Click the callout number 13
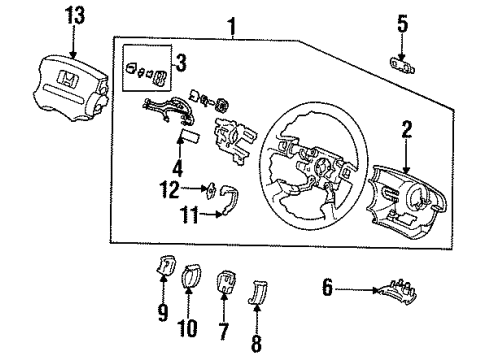(75, 16)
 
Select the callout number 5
(402, 24)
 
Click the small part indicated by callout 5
(403, 65)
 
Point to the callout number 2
(407, 130)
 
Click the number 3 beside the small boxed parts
(181, 63)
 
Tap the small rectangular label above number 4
(190, 136)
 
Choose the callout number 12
(170, 189)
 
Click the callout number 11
(189, 215)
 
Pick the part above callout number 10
(191, 276)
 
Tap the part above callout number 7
(226, 282)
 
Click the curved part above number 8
(258, 292)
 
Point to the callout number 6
(327, 287)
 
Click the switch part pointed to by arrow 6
(397, 292)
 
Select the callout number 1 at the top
(232, 27)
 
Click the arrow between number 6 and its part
(357, 290)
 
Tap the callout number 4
(178, 168)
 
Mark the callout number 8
(256, 343)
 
